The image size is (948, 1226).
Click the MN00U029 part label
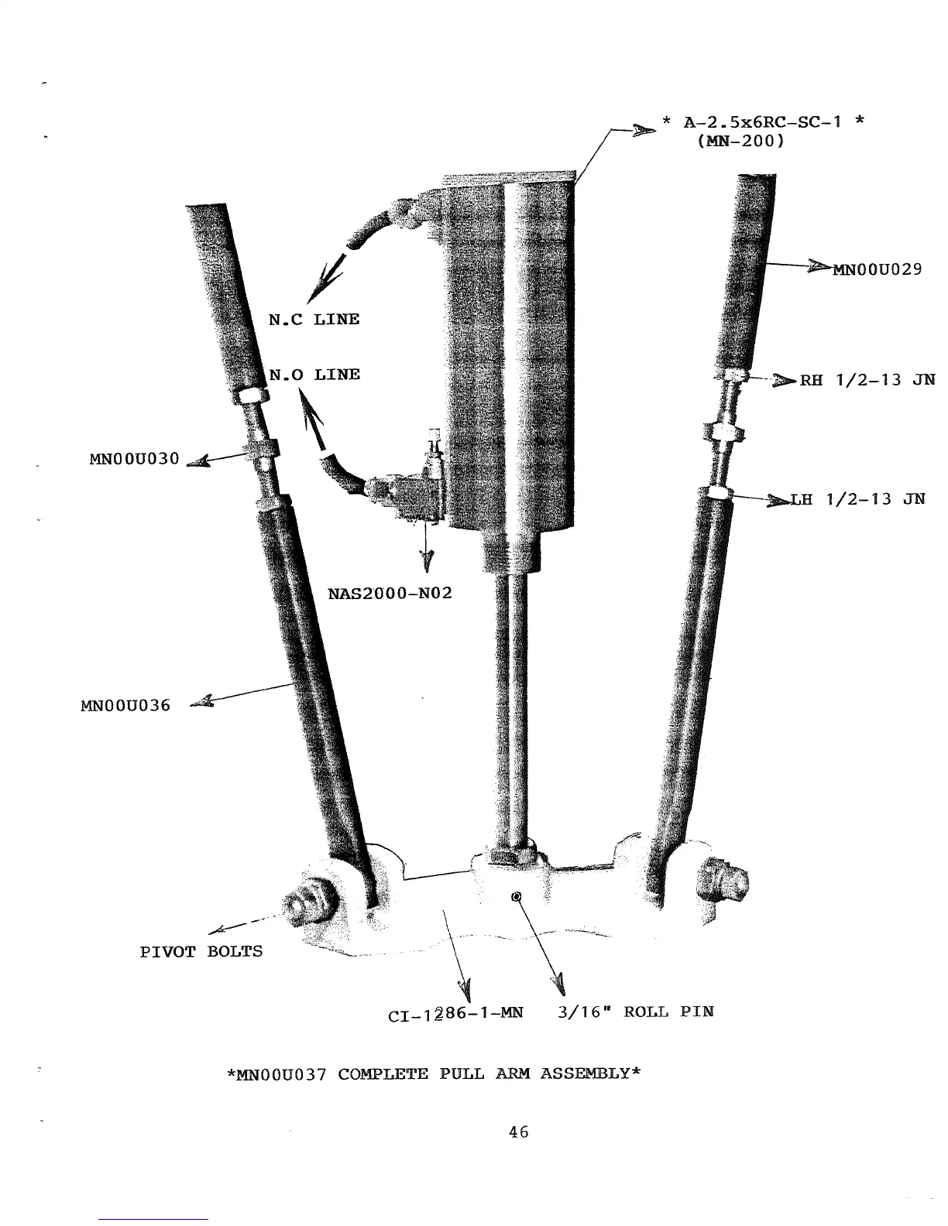[876, 269]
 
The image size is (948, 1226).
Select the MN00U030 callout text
[134, 458]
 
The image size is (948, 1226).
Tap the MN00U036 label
[125, 705]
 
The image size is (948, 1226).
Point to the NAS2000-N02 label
[390, 594]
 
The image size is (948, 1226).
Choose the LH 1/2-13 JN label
[857, 499]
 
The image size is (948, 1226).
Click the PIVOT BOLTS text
[201, 950]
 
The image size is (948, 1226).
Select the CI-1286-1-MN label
[455, 1012]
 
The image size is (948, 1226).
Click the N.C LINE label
[314, 319]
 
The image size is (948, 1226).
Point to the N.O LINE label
[314, 375]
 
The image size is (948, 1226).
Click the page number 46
[518, 1132]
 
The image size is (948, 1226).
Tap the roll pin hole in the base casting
[517, 896]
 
